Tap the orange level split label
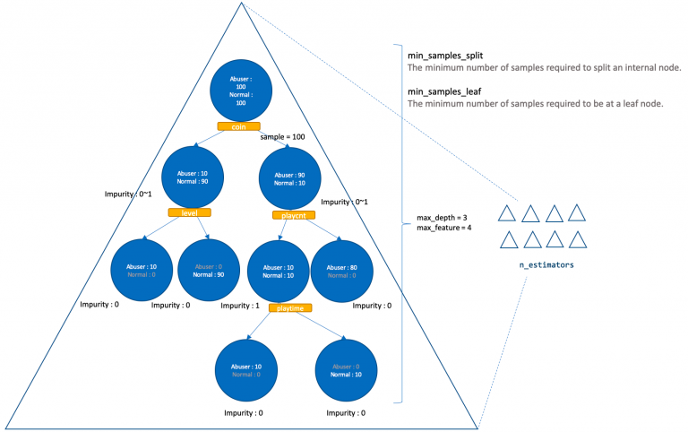[x=189, y=212]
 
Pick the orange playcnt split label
[x=288, y=215]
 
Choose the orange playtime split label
[x=288, y=307]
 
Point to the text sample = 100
[x=283, y=137]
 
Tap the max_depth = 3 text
[x=443, y=218]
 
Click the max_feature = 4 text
[x=445, y=229]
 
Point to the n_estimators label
[x=546, y=266]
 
